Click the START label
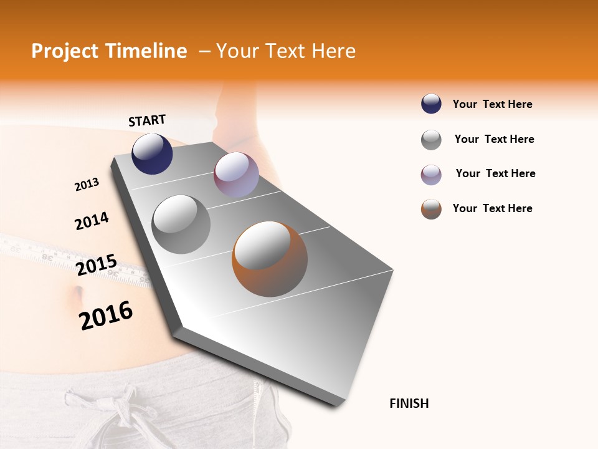pos(147,120)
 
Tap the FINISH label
pos(409,403)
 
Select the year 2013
pos(87,185)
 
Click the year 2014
pos(92,221)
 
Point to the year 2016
pos(106,316)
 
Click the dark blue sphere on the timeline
pos(152,154)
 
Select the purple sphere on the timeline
pos(236,175)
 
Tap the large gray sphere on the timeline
pos(181,224)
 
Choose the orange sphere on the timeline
pos(270,258)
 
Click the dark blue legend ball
pos(431,104)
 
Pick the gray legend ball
pos(431,140)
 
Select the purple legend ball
pos(431,175)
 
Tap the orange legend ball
pos(431,209)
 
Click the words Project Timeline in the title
pos(109,51)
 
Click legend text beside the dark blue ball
pos(492,104)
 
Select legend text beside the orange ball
pos(492,208)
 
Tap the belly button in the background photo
pos(78,291)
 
